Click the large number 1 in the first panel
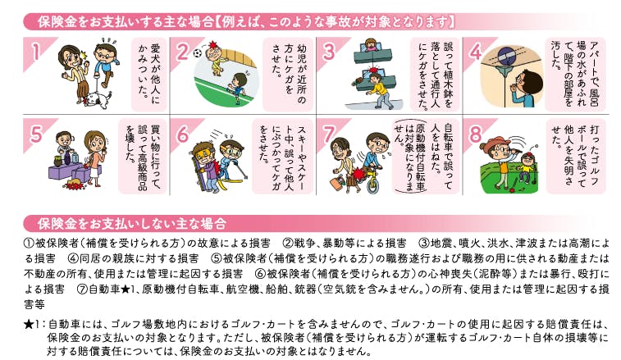tap(36, 52)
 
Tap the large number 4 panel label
tap(476, 52)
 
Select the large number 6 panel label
tap(183, 134)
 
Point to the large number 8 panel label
tap(475, 134)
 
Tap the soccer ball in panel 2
tap(198, 52)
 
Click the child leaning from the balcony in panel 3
tap(371, 45)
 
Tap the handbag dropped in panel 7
tap(338, 183)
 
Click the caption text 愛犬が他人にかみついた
tap(149, 74)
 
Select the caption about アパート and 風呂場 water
tap(575, 74)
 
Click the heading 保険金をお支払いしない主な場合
tap(132, 224)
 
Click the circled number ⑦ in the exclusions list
tap(82, 289)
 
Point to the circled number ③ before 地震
tap(425, 243)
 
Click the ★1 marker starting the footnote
tap(34, 325)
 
